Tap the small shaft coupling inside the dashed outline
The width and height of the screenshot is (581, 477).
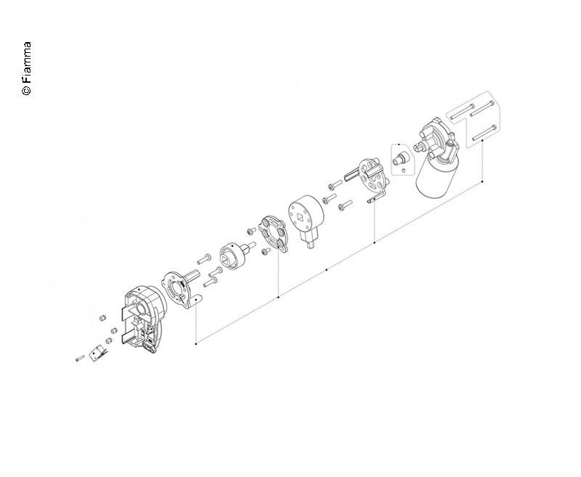400,155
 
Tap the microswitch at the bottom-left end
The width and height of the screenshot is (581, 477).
96,354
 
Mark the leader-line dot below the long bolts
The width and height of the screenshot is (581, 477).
483,179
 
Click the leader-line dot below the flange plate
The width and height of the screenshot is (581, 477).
196,343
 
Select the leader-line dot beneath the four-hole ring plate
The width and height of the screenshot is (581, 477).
279,296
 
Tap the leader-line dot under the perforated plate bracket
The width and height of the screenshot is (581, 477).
374,242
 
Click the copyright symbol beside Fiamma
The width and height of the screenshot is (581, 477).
27,91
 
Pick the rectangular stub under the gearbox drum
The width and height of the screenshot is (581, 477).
310,242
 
